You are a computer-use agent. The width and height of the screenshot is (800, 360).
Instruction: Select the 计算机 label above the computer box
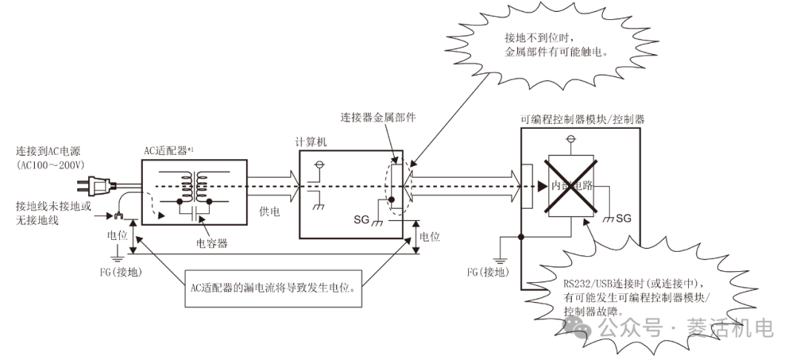click(x=313, y=144)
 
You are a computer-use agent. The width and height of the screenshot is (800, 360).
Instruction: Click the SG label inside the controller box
click(x=624, y=219)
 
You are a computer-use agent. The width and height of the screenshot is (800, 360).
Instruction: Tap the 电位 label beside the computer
click(x=430, y=237)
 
